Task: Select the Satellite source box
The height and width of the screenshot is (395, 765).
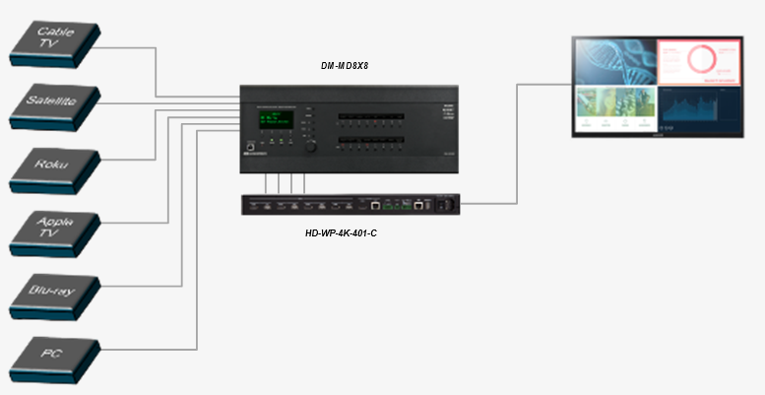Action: (x=55, y=104)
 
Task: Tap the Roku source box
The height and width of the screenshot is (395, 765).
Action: (x=55, y=167)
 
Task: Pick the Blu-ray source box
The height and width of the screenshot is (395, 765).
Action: (x=55, y=293)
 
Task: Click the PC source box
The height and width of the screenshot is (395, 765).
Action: (x=55, y=356)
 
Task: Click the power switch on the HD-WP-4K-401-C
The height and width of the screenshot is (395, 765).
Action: (x=445, y=205)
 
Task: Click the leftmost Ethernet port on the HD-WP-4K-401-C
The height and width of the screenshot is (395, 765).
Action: (x=376, y=206)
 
